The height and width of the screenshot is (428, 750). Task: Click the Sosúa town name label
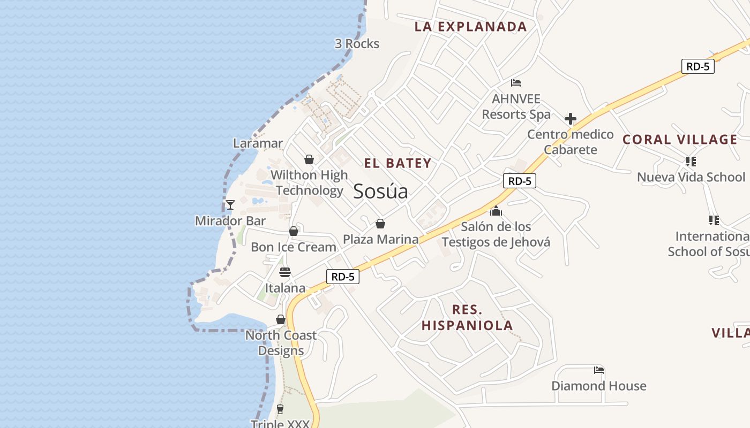point(380,192)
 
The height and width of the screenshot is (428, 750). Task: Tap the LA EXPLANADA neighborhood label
point(470,27)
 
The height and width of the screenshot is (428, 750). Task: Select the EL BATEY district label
point(397,164)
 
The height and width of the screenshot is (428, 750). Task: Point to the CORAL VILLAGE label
point(680,140)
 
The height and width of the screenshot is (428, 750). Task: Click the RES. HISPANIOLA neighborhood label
point(467,317)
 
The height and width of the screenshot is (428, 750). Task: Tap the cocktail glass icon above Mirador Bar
point(230,205)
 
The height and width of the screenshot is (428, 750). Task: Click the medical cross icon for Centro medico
point(571,119)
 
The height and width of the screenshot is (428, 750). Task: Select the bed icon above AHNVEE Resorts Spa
point(516,83)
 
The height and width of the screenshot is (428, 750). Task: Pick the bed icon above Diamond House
point(599,370)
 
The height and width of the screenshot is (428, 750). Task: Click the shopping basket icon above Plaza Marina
point(380,224)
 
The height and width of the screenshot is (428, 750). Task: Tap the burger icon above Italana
point(285,272)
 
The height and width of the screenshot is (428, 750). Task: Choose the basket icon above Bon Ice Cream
point(294,231)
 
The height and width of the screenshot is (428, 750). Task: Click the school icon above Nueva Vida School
point(691,161)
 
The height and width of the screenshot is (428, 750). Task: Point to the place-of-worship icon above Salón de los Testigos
point(496,211)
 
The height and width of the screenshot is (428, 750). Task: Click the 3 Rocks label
point(357,44)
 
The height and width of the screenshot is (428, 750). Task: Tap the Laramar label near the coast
point(258,143)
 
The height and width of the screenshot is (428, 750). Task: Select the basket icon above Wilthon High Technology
point(309,159)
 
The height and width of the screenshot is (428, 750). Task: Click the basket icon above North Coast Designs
point(281,319)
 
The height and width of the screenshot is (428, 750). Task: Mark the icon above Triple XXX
point(280,409)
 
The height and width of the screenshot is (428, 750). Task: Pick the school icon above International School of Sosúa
point(714,220)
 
